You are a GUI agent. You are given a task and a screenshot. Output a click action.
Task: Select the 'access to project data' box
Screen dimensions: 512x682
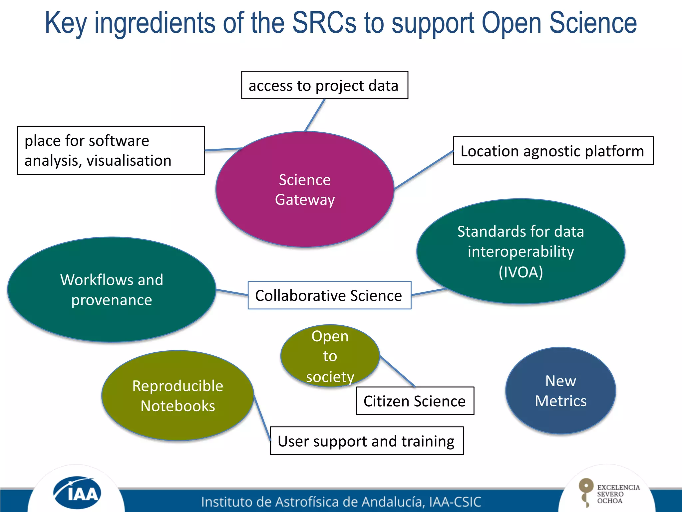(x=324, y=85)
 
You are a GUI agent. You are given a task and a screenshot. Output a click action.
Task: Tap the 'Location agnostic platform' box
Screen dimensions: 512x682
(x=553, y=151)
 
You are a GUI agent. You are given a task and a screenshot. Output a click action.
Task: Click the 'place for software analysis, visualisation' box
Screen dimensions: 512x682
(x=111, y=150)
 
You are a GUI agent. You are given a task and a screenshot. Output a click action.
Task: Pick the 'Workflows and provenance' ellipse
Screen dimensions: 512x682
(x=112, y=289)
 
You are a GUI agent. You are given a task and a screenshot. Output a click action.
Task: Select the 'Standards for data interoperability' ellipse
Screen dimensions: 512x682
(x=520, y=243)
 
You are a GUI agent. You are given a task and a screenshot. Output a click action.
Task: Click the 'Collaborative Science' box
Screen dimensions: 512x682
(x=329, y=295)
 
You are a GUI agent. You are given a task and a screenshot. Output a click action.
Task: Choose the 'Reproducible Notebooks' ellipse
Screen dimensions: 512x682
(x=177, y=396)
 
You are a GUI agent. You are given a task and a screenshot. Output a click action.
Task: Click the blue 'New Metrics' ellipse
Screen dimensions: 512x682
(x=560, y=391)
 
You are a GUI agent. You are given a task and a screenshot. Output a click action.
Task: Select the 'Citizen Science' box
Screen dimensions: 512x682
(x=415, y=401)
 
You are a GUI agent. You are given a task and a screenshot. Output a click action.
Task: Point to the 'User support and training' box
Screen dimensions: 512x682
(x=366, y=441)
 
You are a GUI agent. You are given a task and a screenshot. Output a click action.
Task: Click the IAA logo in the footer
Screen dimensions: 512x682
(x=77, y=493)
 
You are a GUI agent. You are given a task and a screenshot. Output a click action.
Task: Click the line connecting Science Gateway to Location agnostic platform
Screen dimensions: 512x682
(x=424, y=170)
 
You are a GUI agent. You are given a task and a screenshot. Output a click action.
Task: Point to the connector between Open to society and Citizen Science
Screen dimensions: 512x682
(x=398, y=372)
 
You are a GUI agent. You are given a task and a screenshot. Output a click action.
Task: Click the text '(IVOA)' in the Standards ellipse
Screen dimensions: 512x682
(x=520, y=272)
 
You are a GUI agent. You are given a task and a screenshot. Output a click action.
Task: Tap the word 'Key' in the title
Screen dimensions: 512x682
(x=66, y=23)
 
